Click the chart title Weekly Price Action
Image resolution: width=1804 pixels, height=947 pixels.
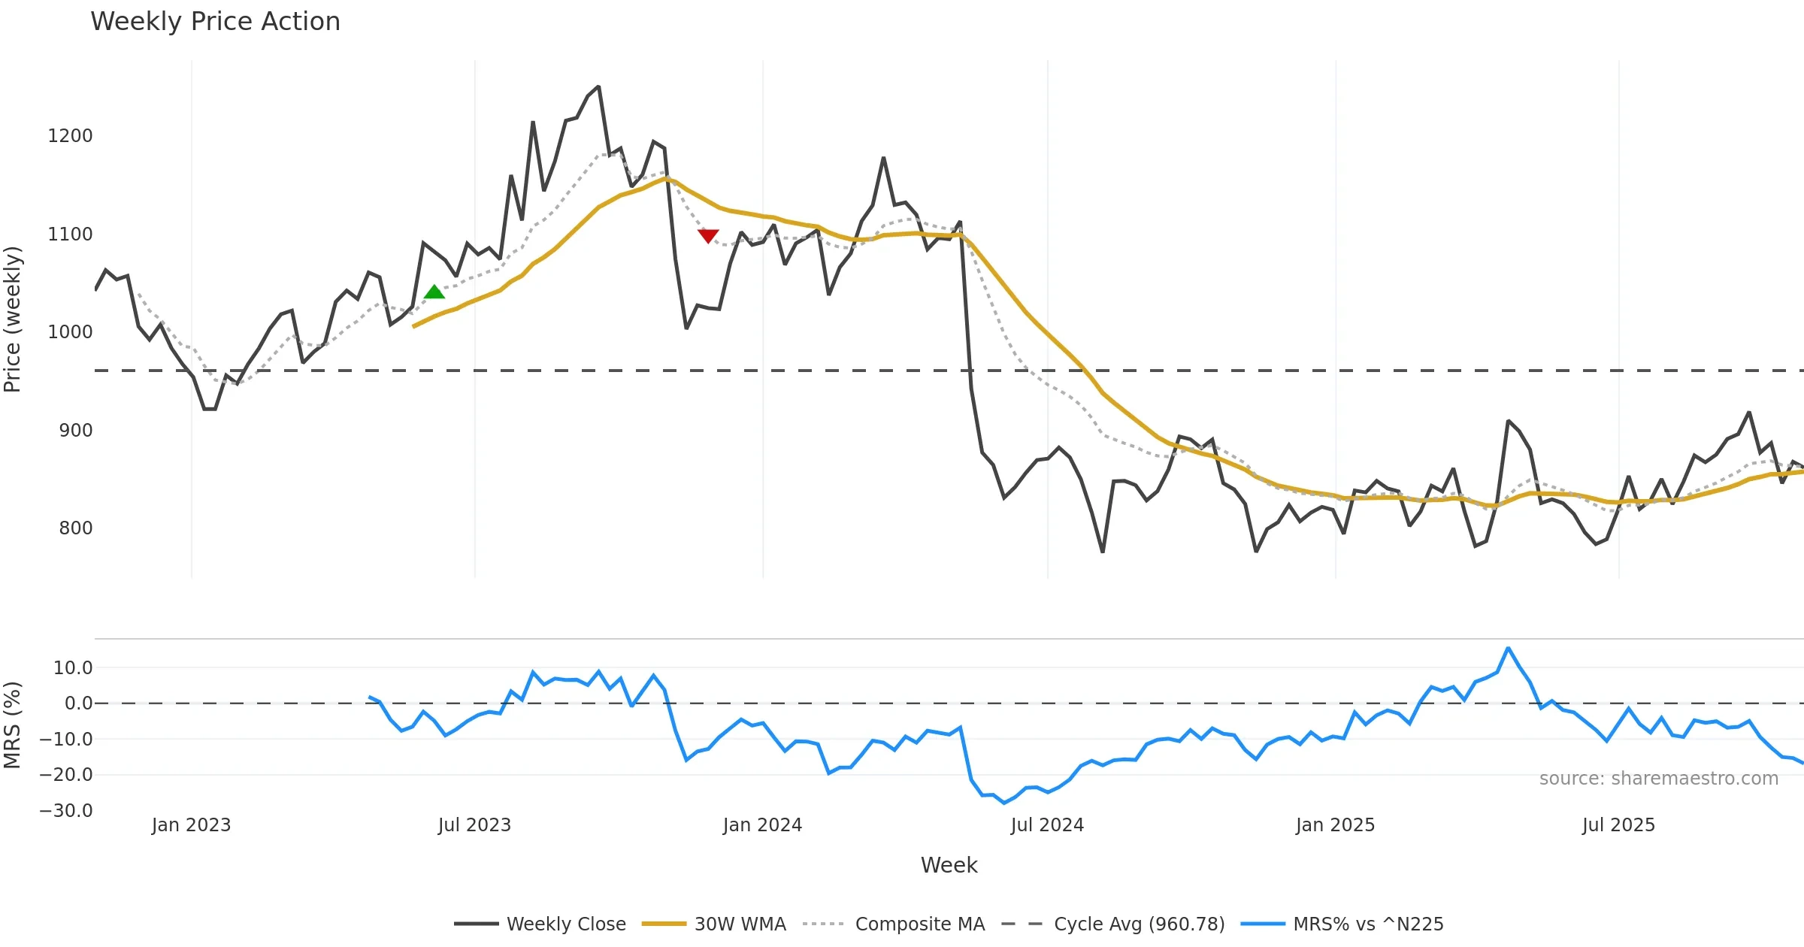click(x=215, y=22)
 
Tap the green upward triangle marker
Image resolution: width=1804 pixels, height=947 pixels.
click(x=434, y=292)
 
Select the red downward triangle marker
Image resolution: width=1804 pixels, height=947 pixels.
click(x=708, y=236)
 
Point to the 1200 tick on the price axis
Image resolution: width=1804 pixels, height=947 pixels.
click(x=70, y=136)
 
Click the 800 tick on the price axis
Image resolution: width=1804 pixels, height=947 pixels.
click(x=75, y=528)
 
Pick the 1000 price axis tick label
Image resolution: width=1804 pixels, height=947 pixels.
click(x=70, y=332)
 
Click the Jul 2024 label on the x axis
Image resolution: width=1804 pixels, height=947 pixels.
click(x=1047, y=825)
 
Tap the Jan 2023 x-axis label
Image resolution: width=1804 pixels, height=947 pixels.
click(x=191, y=825)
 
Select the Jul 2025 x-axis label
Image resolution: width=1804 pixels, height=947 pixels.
click(x=1618, y=825)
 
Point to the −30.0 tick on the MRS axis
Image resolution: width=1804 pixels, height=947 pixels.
click(x=66, y=811)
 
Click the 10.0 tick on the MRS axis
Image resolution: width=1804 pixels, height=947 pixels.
click(x=73, y=668)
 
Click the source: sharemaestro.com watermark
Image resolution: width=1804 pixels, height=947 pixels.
click(x=1658, y=779)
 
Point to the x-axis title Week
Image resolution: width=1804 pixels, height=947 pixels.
click(x=949, y=866)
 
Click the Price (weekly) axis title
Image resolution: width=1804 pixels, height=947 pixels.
click(x=13, y=319)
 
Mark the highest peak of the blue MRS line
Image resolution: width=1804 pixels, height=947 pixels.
click(x=1508, y=648)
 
